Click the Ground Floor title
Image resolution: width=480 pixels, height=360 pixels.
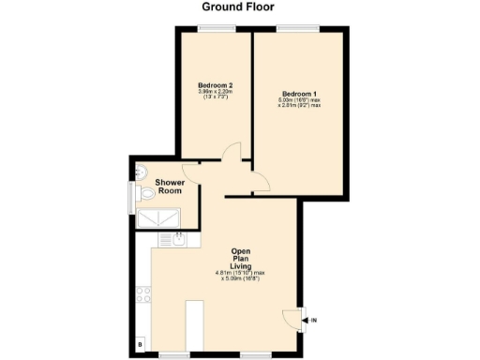(x=240, y=7)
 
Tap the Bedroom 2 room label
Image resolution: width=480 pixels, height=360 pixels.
(x=215, y=85)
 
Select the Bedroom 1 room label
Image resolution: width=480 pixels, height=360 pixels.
(x=299, y=93)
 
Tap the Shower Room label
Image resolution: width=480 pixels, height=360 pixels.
(x=169, y=186)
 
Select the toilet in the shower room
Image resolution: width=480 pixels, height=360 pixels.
(x=147, y=194)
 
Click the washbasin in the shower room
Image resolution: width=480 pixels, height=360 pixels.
(x=141, y=171)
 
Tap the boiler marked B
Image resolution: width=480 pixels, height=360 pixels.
(x=142, y=345)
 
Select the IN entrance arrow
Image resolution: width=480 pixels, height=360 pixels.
(x=313, y=322)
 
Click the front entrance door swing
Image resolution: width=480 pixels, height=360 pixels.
(x=296, y=318)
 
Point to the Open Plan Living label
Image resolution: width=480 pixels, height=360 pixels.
(x=242, y=258)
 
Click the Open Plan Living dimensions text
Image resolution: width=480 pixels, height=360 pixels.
(x=242, y=276)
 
